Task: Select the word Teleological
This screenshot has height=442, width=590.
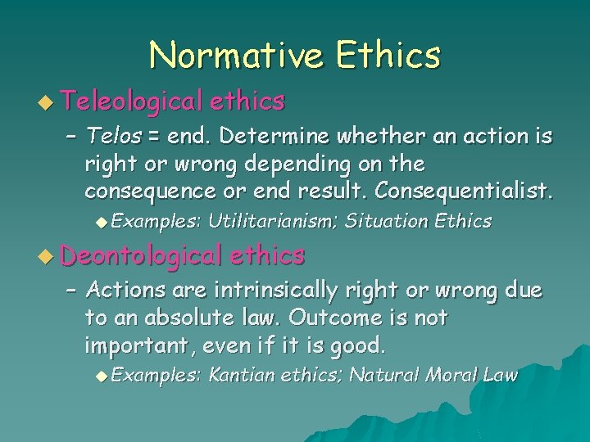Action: [x=130, y=101]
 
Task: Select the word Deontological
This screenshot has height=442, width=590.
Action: [x=141, y=255]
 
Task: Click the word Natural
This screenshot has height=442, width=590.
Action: [x=388, y=375]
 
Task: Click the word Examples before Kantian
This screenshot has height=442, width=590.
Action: [x=156, y=375]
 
